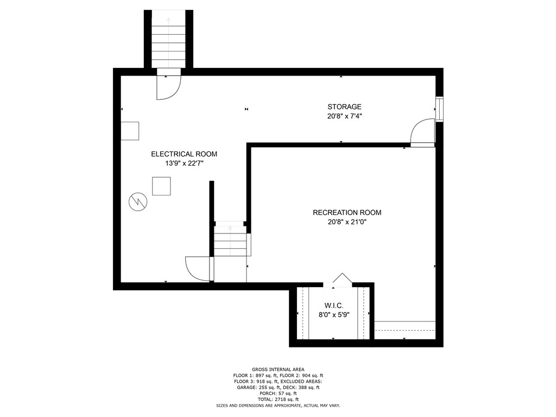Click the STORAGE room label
(344, 107)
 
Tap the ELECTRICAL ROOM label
(184, 154)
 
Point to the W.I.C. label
(334, 306)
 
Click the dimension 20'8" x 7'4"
(344, 116)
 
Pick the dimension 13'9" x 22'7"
(184, 163)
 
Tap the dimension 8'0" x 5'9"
(334, 314)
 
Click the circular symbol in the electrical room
(137, 201)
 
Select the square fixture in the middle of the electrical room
(161, 186)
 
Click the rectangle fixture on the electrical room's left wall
(129, 131)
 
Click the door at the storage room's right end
(422, 134)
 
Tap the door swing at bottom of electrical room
(198, 269)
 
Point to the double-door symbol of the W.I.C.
(342, 279)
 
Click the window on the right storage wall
(439, 109)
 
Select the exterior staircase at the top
(168, 41)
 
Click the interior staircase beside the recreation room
(232, 240)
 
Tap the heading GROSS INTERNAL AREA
(278, 369)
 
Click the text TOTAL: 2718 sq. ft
(278, 399)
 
